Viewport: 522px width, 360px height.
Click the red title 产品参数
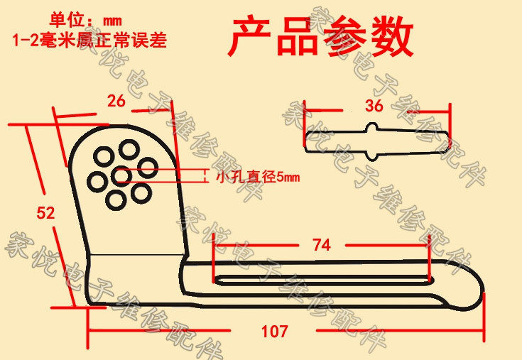tap(320, 38)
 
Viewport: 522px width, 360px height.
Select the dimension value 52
tap(45, 212)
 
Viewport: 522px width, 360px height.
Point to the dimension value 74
tap(321, 245)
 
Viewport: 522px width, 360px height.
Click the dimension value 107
tap(274, 331)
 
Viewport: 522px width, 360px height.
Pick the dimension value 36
tap(374, 107)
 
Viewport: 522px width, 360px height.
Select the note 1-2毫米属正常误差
tap(89, 40)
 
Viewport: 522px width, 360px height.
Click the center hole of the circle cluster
tap(121, 175)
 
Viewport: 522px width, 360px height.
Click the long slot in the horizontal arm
tap(320, 277)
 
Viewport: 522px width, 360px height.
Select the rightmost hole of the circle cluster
tap(147, 168)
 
